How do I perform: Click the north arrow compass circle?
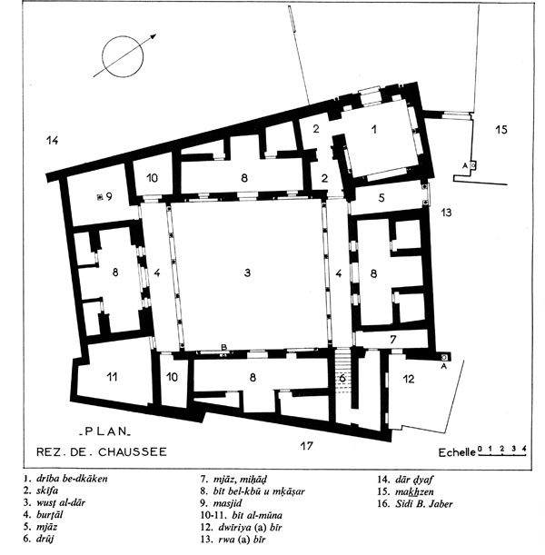point(103,56)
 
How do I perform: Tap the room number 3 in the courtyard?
point(247,273)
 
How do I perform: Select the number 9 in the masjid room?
point(109,196)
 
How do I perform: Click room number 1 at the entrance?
point(373,130)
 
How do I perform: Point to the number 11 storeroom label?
point(113,377)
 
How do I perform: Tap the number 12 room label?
point(409,379)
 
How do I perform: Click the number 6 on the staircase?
point(342,378)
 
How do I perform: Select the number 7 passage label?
point(392,340)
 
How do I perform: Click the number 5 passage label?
point(381,197)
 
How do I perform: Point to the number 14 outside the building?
point(52,141)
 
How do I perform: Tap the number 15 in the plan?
point(501,130)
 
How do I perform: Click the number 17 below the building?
point(306,446)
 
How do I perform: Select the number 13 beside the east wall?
point(447,213)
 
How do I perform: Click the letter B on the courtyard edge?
point(223,347)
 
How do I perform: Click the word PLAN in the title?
point(105,431)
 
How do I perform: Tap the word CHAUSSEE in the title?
point(133,452)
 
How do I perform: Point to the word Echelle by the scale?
point(457,452)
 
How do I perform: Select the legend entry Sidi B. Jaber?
point(424,503)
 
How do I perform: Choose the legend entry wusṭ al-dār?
point(61,502)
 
